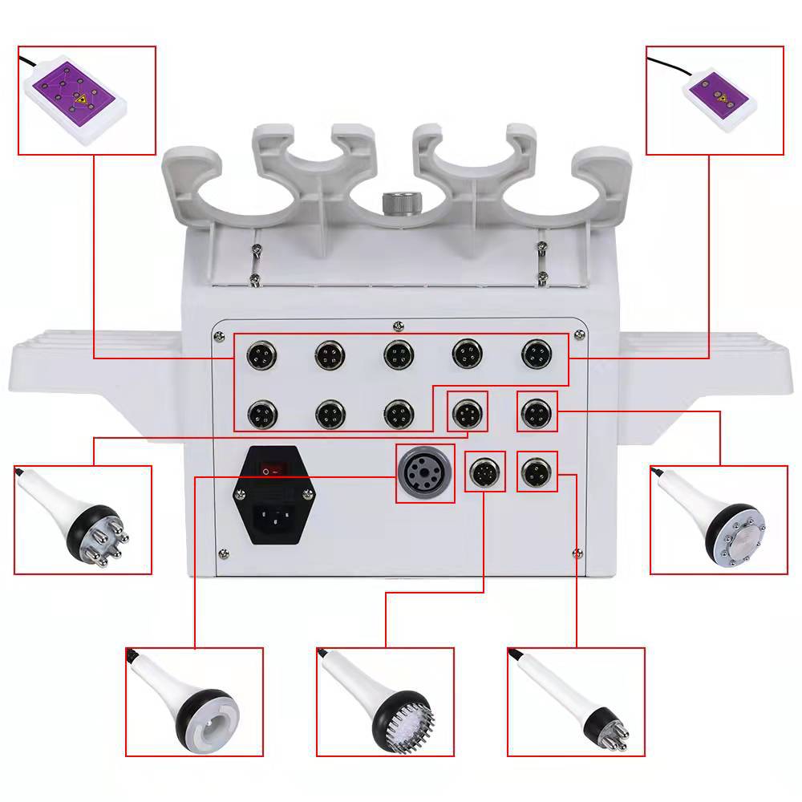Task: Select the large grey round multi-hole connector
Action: point(425,473)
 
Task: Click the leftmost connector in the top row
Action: point(261,354)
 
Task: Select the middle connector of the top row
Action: point(398,354)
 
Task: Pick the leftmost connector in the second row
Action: point(261,414)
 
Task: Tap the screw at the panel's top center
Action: point(398,326)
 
